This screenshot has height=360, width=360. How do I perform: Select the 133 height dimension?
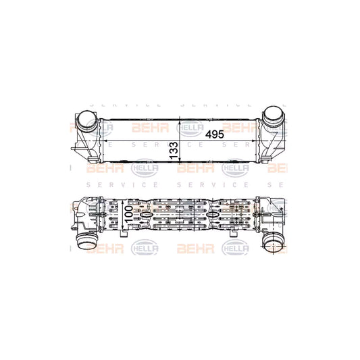pyautogui.click(x=173, y=148)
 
